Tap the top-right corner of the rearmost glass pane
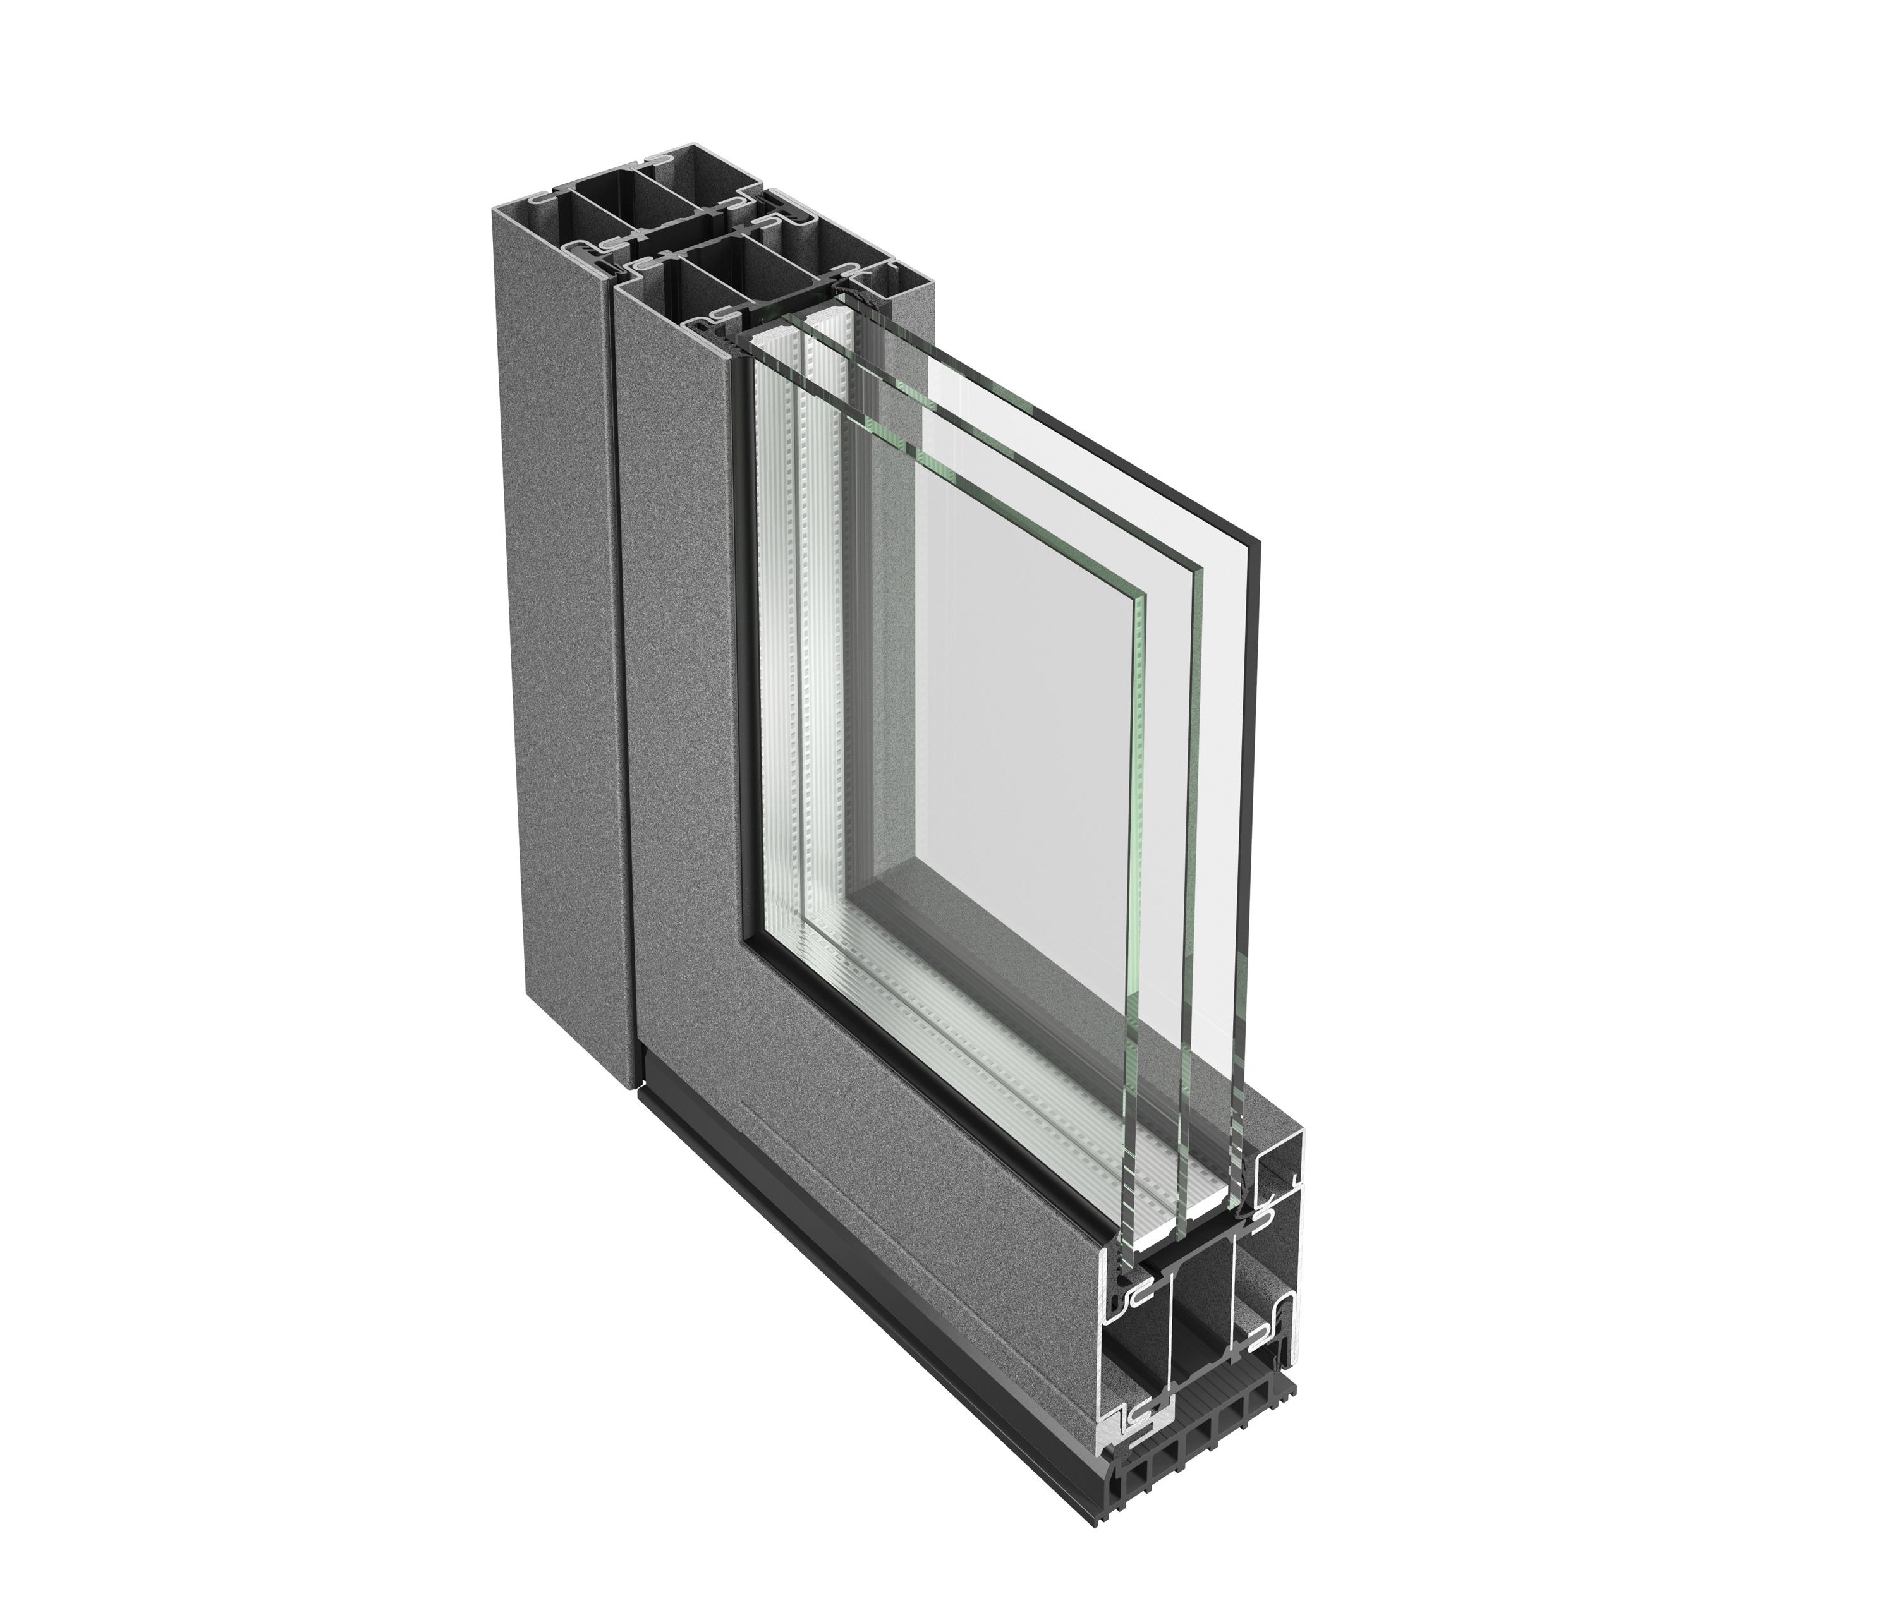coord(1261,541)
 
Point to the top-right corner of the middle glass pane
coord(1201,569)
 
